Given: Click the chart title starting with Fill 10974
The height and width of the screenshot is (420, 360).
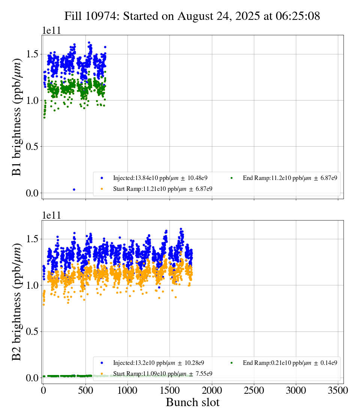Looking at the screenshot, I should point(192,16).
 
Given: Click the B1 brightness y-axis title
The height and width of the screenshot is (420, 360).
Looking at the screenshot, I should point(17,117).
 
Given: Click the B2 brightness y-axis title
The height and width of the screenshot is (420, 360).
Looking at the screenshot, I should point(17,302).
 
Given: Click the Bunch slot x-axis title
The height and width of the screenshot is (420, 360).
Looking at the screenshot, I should point(192,403).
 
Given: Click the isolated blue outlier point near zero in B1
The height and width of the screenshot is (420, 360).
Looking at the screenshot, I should point(74,189).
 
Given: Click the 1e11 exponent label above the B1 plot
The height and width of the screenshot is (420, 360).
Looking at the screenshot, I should point(51,30).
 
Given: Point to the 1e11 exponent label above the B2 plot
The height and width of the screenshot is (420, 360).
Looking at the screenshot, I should point(51,215).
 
